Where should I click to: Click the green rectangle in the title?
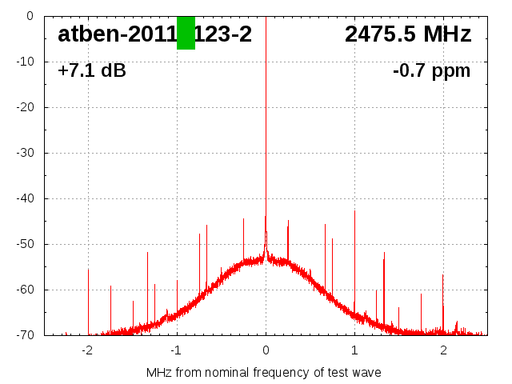pos(186,33)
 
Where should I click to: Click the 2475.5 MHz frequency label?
pos(408,34)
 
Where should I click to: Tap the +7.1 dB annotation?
pos(92,71)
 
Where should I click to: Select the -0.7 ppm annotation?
pos(431,71)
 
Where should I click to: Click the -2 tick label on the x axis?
pos(86,350)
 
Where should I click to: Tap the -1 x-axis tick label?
pos(175,350)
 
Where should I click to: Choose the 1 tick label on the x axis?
pos(354,350)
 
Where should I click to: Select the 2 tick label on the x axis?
pos(443,350)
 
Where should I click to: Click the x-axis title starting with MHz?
pos(264,372)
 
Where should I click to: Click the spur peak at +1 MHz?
pos(354,213)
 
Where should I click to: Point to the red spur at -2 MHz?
pos(88,272)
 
